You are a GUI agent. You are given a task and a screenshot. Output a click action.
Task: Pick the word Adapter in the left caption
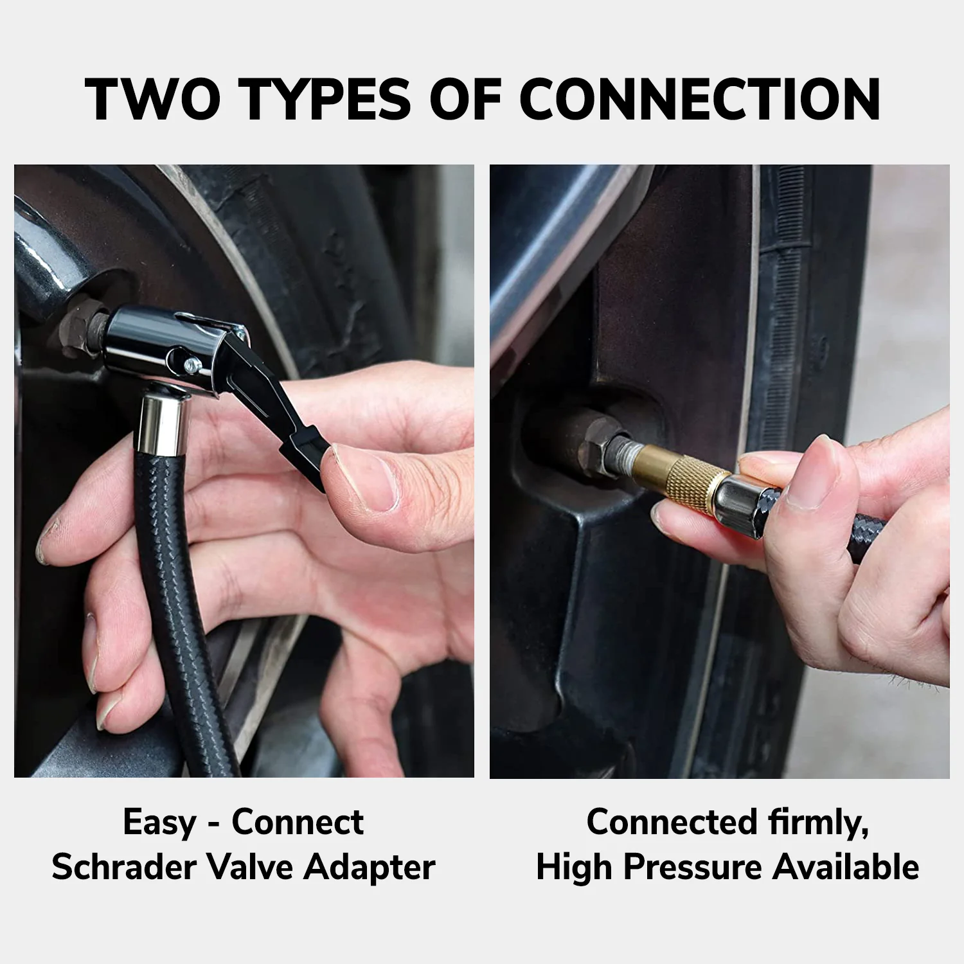tap(370, 867)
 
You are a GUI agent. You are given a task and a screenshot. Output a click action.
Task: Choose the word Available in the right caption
tap(846, 867)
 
